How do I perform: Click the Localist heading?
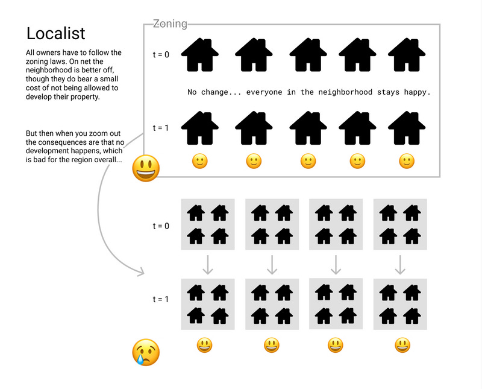coord(55,33)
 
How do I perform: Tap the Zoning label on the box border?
coord(170,24)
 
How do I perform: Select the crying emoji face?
coord(146,352)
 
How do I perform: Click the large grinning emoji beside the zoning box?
coord(146,168)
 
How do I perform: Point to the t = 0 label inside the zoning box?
coord(161,55)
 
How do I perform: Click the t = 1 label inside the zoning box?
coord(161,128)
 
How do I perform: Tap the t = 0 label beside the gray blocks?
coord(161,226)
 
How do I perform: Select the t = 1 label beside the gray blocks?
coord(161,299)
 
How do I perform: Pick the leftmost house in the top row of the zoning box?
coord(200,55)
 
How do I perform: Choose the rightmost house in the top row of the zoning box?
coord(407,55)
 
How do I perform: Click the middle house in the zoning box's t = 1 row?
coord(308,128)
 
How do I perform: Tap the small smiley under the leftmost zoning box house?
coord(200,161)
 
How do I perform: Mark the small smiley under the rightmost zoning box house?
coord(407,161)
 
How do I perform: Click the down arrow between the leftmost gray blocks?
coord(208,265)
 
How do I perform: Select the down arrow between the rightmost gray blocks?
coord(400,265)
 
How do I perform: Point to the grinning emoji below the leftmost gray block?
coord(204,346)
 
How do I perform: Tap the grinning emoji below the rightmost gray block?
coord(402,346)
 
